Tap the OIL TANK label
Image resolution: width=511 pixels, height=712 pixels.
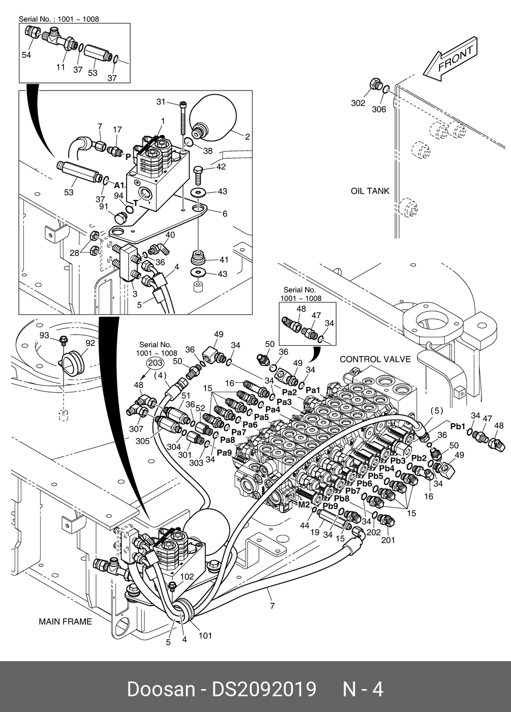[370, 191]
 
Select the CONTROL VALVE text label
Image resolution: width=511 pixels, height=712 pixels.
[375, 359]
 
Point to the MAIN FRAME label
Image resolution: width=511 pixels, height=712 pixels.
[65, 621]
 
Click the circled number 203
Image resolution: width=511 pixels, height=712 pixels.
[155, 363]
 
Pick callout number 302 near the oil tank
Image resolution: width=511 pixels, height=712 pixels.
[358, 103]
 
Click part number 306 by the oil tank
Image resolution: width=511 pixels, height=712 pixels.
[379, 109]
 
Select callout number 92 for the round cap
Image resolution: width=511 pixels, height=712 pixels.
[90, 343]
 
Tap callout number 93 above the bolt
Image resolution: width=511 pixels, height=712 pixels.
[44, 336]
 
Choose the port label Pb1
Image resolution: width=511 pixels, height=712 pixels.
[458, 426]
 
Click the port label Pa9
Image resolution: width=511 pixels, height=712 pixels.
[224, 452]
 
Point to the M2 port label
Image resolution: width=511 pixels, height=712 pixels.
[304, 505]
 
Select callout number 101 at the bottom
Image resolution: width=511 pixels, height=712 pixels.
[205, 636]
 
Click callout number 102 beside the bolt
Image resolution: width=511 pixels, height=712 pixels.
[187, 577]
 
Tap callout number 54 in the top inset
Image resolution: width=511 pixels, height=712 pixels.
[26, 55]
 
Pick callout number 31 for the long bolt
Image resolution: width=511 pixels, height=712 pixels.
[161, 102]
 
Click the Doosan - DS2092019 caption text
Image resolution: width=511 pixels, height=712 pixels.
[221, 689]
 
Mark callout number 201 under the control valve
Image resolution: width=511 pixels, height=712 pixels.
[388, 540]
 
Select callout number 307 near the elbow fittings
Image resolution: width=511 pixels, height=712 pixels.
[136, 429]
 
